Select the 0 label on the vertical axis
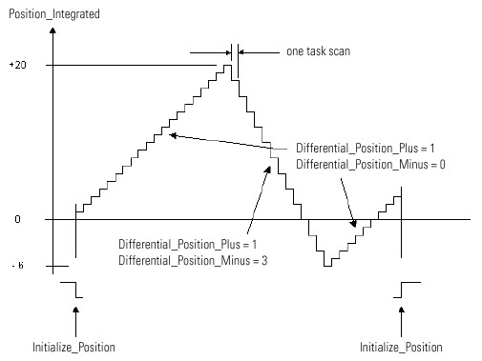click(x=17, y=220)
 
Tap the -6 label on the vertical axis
click(x=15, y=266)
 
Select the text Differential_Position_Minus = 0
click(x=370, y=165)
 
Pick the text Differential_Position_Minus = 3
click(x=191, y=260)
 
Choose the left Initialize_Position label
click(x=73, y=346)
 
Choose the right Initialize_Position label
click(x=401, y=346)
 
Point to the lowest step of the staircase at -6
click(x=327, y=265)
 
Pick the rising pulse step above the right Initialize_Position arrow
click(x=402, y=290)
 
